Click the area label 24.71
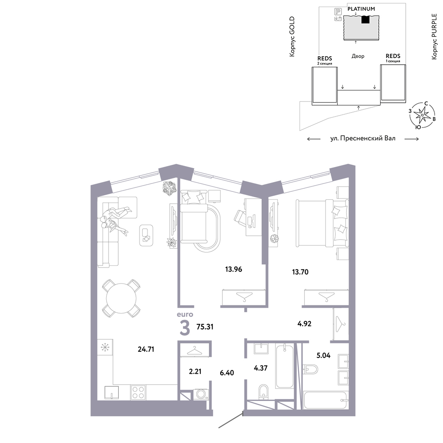(x=146, y=349)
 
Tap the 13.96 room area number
(x=233, y=269)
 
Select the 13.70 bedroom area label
(x=300, y=272)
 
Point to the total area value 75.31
(x=205, y=327)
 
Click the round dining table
(x=121, y=298)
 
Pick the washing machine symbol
(x=201, y=394)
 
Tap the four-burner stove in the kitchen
(x=138, y=392)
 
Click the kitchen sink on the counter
(x=112, y=392)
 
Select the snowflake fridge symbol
(x=105, y=347)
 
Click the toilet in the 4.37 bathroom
(x=263, y=392)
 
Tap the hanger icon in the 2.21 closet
(x=195, y=350)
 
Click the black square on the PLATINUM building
(x=365, y=19)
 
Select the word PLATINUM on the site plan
(x=361, y=9)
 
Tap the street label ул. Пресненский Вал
(x=363, y=138)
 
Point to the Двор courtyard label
(x=358, y=56)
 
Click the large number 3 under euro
(x=185, y=328)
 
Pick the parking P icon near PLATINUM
(x=338, y=12)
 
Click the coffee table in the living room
(x=146, y=235)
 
